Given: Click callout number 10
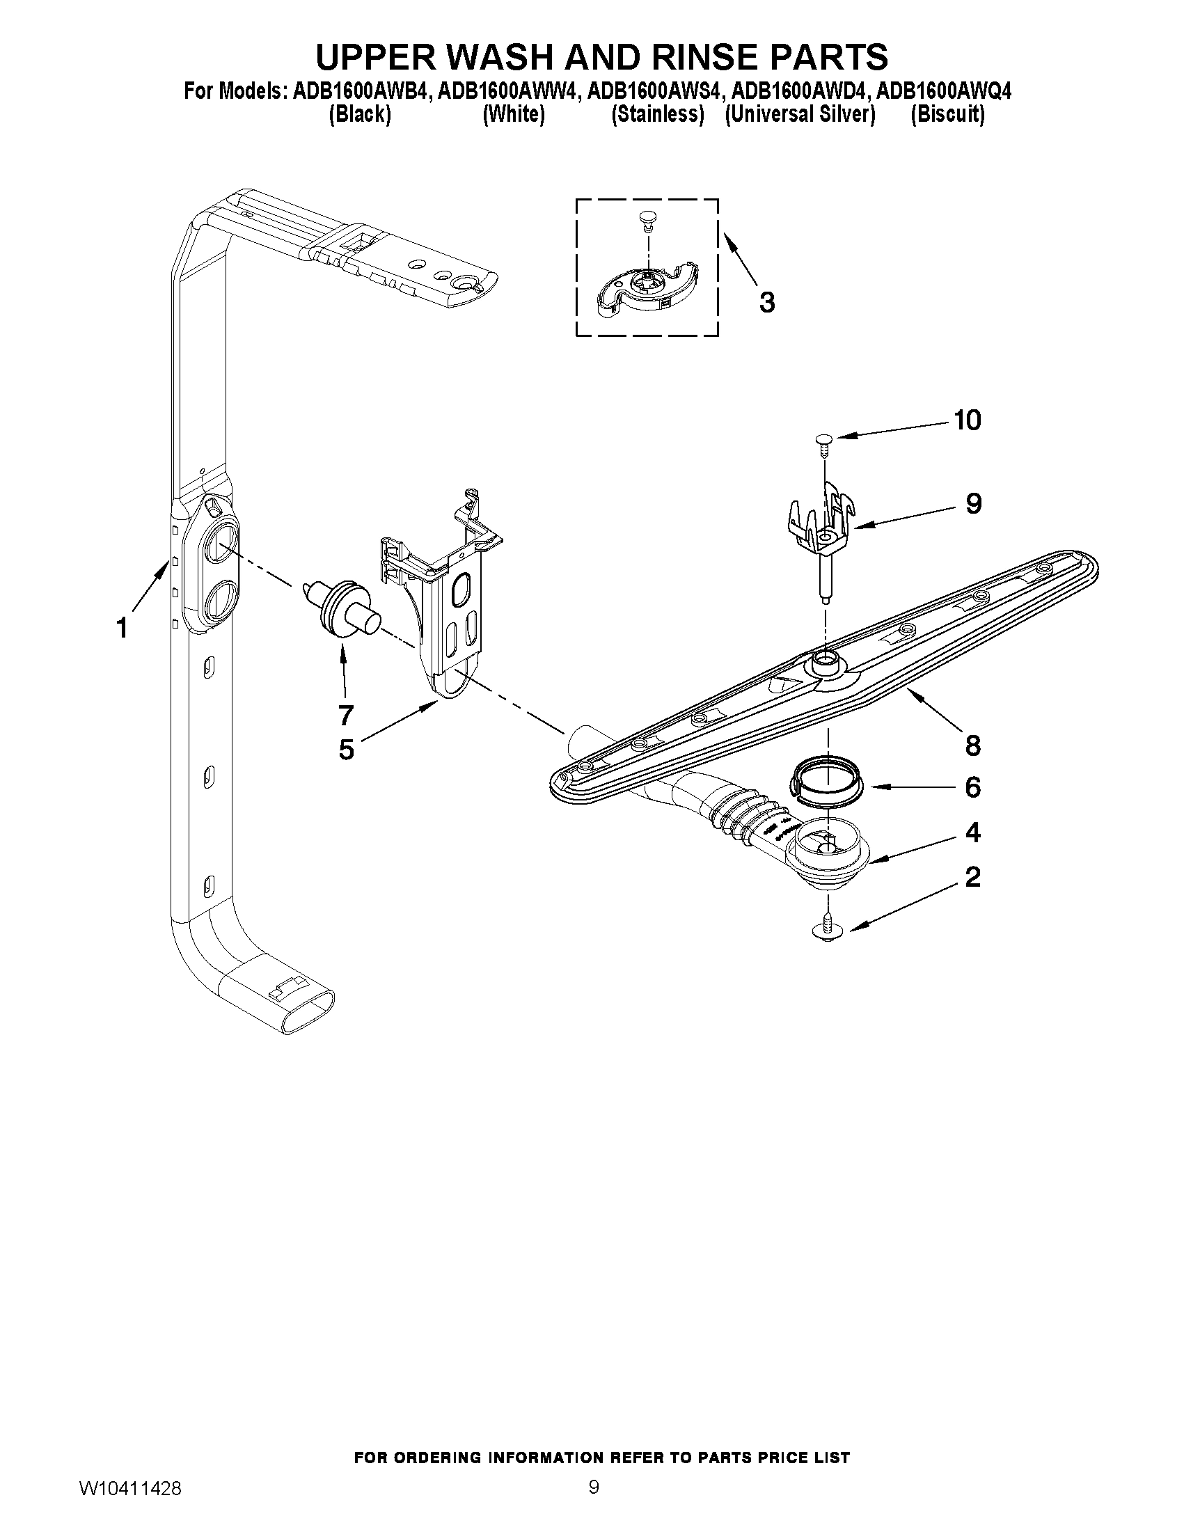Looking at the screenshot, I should click(967, 420).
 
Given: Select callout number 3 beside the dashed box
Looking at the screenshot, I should click(767, 302).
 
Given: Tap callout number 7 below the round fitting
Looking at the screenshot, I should click(345, 715).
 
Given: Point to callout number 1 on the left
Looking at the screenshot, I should click(122, 628).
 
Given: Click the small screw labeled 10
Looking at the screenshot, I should click(823, 441).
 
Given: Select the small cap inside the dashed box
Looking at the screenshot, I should click(647, 220).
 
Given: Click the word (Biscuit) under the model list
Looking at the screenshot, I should click(947, 114).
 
